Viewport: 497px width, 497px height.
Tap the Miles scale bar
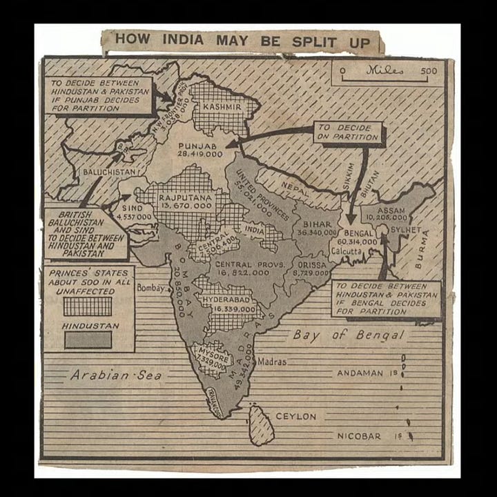click(x=389, y=71)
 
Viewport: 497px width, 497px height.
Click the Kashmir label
click(x=222, y=108)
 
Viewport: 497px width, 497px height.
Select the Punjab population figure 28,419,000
click(x=200, y=155)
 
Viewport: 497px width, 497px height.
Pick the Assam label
click(x=391, y=211)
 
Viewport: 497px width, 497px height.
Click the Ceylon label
click(x=296, y=417)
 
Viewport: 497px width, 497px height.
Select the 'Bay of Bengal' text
click(x=348, y=335)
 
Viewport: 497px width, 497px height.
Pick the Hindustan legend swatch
click(x=88, y=340)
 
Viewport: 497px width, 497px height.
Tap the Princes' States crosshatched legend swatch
click(x=88, y=306)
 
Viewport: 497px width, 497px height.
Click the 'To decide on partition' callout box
click(x=349, y=133)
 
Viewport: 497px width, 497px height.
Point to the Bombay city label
click(x=151, y=288)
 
